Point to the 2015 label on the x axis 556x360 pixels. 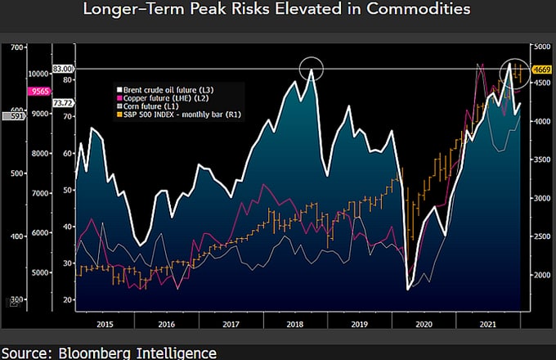click(x=104, y=325)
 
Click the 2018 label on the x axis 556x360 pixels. click(x=295, y=325)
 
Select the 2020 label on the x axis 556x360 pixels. click(x=423, y=325)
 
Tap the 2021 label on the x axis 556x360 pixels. click(x=486, y=325)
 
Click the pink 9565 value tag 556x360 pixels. click(x=38, y=92)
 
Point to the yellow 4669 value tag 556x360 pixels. click(x=540, y=70)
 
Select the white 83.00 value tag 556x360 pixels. click(x=63, y=70)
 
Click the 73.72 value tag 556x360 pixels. click(x=63, y=104)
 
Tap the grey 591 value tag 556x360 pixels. click(x=12, y=116)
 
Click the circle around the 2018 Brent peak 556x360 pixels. click(x=312, y=70)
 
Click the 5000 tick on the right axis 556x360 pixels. click(x=540, y=47)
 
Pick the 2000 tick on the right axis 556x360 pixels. click(x=540, y=276)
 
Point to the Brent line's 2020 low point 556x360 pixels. click(x=408, y=289)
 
